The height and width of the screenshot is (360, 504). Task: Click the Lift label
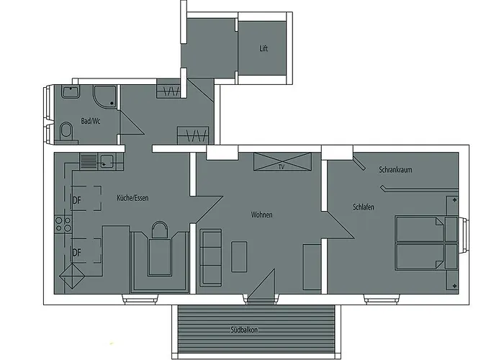point(264,50)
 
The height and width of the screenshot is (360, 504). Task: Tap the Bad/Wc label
point(91,122)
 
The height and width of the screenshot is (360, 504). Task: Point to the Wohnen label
point(261,215)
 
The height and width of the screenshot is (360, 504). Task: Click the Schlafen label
point(364,207)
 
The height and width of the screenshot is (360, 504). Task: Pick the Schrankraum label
point(395,170)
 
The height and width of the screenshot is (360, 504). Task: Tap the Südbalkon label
point(245,330)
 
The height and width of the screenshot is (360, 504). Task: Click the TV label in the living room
point(282,166)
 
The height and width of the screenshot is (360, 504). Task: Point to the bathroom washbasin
point(70,91)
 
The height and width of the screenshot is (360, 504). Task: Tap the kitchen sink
point(106,161)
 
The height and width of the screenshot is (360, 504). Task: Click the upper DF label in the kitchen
point(76,200)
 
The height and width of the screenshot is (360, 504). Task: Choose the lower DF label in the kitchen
point(76,252)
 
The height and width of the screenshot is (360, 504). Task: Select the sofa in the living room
point(211,256)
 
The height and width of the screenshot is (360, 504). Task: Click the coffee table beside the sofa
point(240,256)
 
